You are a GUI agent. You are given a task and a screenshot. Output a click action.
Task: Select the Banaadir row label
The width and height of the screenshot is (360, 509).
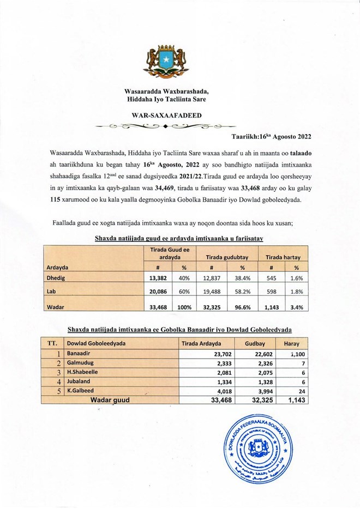(79, 353)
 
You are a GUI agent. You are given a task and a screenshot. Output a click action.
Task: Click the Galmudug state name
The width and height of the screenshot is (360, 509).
(79, 363)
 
